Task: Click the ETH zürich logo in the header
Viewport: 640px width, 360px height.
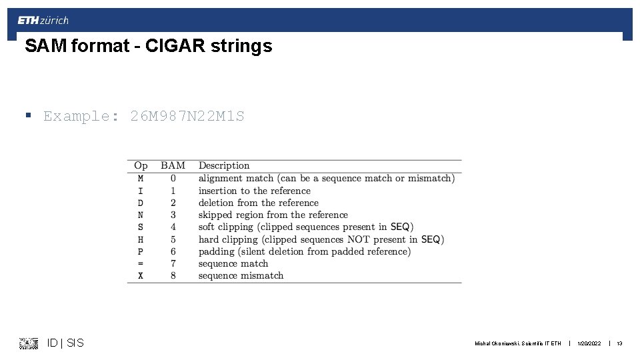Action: (x=43, y=21)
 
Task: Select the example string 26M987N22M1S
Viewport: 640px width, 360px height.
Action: (x=187, y=116)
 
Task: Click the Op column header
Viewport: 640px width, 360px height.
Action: (x=141, y=165)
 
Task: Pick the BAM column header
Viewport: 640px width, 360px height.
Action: (x=173, y=165)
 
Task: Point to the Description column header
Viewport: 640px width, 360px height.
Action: (x=224, y=165)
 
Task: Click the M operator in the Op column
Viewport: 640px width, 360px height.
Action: (x=141, y=178)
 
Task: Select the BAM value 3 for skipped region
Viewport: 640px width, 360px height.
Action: (x=173, y=215)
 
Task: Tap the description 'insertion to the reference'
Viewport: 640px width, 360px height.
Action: (x=254, y=191)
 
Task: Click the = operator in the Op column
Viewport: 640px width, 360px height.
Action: (x=141, y=263)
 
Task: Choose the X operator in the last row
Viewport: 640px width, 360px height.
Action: (x=141, y=275)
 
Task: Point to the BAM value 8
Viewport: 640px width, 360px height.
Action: (x=173, y=275)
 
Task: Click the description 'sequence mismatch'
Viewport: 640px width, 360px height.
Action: (x=241, y=275)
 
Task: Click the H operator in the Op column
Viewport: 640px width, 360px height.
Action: (x=141, y=239)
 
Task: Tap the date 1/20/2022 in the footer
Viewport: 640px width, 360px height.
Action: (x=589, y=344)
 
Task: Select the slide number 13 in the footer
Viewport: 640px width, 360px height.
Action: (x=619, y=344)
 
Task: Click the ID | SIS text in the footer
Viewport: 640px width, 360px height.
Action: (x=65, y=343)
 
